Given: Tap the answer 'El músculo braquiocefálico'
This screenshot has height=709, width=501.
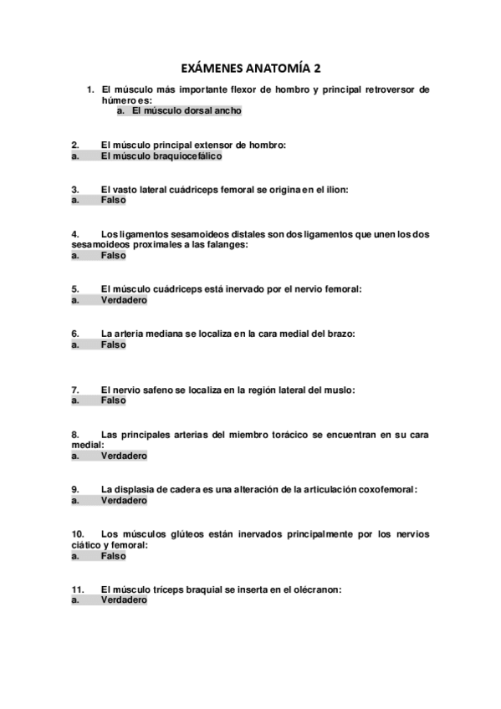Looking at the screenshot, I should tap(161, 156).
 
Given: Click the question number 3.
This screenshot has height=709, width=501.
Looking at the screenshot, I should tap(75, 190).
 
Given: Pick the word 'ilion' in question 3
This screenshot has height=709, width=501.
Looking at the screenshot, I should tap(335, 190).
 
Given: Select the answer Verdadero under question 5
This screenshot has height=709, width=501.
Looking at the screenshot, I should tap(124, 299).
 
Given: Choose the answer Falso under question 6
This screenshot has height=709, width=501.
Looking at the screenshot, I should tap(114, 344).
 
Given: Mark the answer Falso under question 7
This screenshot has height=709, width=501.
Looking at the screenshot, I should tap(114, 400).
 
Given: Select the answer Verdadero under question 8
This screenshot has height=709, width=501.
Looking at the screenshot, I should tap(124, 457).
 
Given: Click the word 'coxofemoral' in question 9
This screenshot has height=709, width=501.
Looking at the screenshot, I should tap(386, 489).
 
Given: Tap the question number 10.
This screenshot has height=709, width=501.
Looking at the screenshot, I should tap(78, 533).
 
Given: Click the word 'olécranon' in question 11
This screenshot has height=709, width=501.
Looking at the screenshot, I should tap(312, 589).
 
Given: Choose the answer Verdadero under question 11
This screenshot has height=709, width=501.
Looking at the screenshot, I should tap(124, 600).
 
